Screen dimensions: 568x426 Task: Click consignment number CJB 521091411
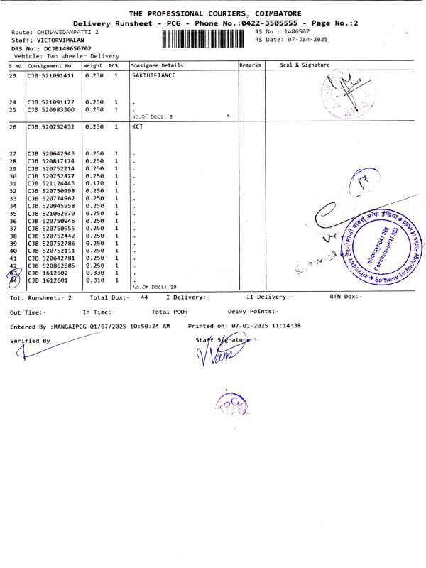pyautogui.click(x=50, y=75)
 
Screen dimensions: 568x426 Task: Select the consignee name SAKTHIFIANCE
pyautogui.click(x=153, y=75)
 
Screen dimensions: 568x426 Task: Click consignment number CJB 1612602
pyautogui.click(x=48, y=273)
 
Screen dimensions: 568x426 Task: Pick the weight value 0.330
pyautogui.click(x=94, y=273)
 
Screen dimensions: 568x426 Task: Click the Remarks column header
pyautogui.click(x=251, y=65)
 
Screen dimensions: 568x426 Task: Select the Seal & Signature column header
pyautogui.click(x=305, y=65)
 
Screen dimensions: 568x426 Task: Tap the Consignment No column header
pyautogui.click(x=50, y=65)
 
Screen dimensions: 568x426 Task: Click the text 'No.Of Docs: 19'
pyautogui.click(x=154, y=287)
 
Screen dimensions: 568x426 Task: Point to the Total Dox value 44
pyautogui.click(x=144, y=297)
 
